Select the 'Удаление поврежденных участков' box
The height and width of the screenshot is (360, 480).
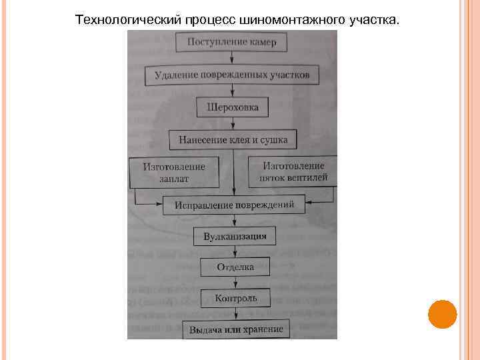[231, 75]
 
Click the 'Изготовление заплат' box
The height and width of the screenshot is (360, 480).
[174, 173]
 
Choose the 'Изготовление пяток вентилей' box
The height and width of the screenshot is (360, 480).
[293, 172]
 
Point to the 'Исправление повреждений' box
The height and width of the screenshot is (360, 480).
[233, 205]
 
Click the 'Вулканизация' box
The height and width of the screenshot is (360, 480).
[235, 235]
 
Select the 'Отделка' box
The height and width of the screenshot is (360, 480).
[235, 267]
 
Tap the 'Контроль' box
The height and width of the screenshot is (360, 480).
[235, 298]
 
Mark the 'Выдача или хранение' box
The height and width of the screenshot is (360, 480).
[236, 329]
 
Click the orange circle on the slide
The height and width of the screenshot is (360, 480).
[442, 314]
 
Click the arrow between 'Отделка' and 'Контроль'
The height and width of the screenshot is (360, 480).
[235, 282]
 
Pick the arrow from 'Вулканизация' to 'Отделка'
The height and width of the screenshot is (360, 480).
[235, 251]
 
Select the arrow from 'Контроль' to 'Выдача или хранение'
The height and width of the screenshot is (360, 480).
[235, 313]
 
